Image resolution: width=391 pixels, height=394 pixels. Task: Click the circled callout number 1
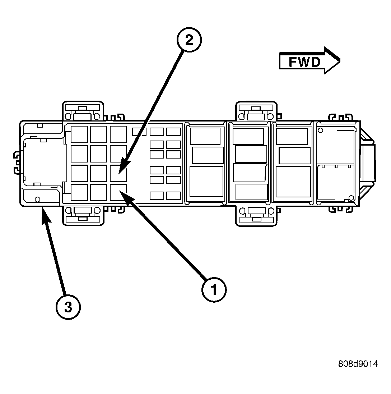[214, 289]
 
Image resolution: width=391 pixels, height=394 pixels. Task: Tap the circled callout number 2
[189, 40]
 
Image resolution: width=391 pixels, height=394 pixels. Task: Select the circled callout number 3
[68, 307]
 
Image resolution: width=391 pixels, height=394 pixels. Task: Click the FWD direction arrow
[310, 60]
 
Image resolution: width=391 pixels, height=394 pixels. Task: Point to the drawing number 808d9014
[358, 363]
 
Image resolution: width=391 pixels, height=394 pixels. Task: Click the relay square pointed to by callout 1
[118, 192]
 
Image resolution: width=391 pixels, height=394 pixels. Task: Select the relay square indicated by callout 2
[118, 173]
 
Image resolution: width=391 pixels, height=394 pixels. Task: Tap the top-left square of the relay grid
[79, 134]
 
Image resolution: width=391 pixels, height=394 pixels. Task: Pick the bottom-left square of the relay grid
[79, 192]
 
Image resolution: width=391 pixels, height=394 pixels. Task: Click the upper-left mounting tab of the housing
[83, 111]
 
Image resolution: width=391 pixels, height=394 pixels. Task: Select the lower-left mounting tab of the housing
[83, 216]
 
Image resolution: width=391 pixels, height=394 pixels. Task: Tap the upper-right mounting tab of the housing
[256, 111]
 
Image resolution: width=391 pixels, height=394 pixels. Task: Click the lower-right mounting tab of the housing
[256, 216]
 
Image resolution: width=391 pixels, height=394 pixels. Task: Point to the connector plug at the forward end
[368, 164]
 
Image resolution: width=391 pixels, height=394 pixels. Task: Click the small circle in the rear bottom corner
[37, 199]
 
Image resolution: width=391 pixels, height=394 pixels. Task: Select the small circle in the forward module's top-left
[320, 130]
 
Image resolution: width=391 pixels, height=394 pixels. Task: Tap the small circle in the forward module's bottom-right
[351, 197]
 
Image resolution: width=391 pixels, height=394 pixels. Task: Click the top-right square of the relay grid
[118, 134]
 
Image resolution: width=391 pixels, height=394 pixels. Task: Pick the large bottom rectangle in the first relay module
[206, 182]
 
